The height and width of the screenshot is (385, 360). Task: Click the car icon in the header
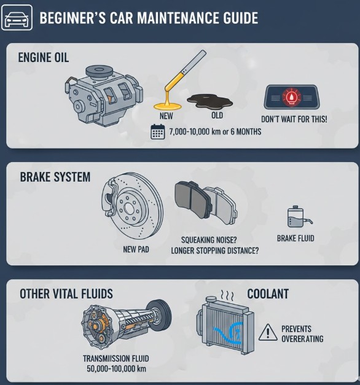17,18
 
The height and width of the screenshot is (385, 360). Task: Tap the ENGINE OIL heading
44,58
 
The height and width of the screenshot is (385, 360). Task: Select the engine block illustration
104,95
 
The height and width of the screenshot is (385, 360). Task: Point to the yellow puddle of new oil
168,106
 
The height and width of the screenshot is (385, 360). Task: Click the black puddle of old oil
209,102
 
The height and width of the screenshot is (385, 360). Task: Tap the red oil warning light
292,98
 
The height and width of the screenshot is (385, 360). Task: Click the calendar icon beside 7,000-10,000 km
157,132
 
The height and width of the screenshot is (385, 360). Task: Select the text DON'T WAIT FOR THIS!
294,119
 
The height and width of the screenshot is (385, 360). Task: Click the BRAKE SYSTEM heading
55,177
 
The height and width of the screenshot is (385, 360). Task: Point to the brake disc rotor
133,206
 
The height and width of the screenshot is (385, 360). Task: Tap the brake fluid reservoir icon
299,217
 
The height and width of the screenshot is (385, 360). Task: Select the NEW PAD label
136,249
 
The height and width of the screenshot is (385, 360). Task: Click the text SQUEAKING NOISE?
209,239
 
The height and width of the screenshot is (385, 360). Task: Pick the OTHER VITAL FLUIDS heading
66,294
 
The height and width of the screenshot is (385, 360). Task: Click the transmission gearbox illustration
126,322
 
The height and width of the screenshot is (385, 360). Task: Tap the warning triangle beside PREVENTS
268,333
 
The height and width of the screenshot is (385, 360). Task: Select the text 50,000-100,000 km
116,368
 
